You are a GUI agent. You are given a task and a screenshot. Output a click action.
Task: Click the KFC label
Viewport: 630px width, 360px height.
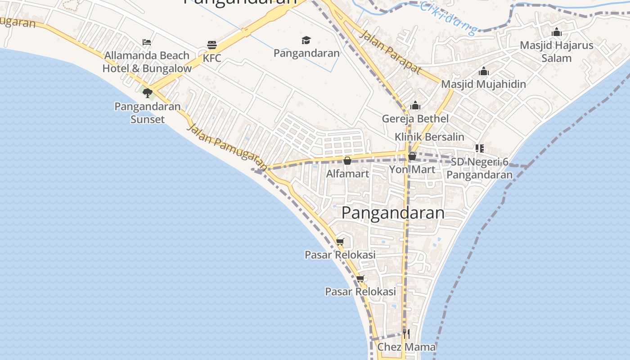click(212, 58)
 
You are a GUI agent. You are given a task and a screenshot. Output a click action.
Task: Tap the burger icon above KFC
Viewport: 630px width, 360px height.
click(212, 45)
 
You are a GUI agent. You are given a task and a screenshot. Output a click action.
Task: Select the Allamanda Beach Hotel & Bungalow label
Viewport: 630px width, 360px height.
click(147, 62)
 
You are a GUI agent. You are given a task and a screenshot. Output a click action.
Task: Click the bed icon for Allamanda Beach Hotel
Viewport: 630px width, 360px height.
click(147, 42)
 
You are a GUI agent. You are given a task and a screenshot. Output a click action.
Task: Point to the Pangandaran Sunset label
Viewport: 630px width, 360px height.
click(148, 113)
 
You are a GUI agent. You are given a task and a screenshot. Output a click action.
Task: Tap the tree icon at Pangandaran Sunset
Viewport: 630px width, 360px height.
click(147, 93)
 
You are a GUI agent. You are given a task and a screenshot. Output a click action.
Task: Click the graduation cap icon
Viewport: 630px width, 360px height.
click(306, 40)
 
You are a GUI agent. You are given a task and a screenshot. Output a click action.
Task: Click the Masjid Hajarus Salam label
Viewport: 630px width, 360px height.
click(557, 52)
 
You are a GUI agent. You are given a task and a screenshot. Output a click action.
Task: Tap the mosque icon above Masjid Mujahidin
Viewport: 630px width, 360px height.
click(484, 71)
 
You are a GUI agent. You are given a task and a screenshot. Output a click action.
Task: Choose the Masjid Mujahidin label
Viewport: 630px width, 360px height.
click(483, 84)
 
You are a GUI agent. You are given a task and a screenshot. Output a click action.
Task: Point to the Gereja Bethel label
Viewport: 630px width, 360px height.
click(415, 119)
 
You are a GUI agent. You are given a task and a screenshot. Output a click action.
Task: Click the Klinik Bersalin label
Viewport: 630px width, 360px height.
click(429, 137)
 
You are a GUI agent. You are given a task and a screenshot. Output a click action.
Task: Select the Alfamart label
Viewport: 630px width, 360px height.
click(347, 174)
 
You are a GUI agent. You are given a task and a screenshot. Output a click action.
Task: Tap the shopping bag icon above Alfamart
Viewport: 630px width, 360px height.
click(347, 161)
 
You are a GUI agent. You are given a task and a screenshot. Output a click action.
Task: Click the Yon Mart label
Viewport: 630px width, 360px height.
click(412, 170)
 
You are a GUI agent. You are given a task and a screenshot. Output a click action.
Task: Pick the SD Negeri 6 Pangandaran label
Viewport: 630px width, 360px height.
click(480, 168)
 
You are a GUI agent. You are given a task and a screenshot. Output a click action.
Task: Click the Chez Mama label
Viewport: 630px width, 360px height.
click(406, 347)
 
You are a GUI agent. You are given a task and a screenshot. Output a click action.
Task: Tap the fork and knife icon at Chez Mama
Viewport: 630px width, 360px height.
click(406, 334)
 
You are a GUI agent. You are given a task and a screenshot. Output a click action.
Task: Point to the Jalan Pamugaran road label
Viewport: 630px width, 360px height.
click(227, 147)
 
